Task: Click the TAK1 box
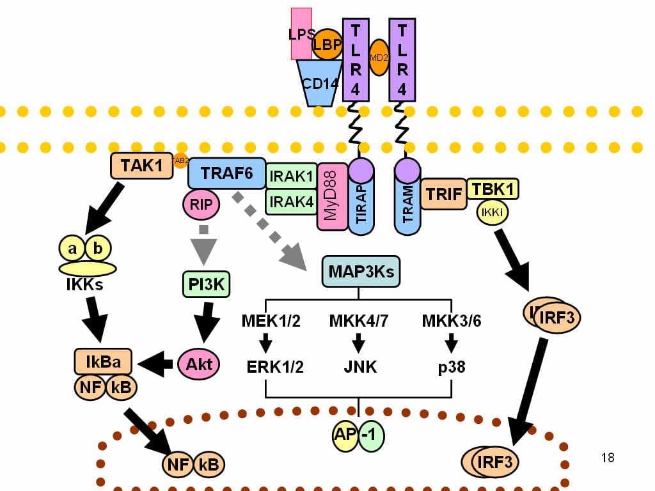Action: pyautogui.click(x=141, y=166)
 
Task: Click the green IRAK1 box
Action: pyautogui.click(x=291, y=175)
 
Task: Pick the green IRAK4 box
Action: pyautogui.click(x=291, y=201)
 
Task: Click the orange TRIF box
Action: pyautogui.click(x=443, y=194)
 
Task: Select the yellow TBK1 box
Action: pyautogui.click(x=493, y=189)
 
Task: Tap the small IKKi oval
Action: pyautogui.click(x=493, y=213)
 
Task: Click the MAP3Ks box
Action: pyautogui.click(x=361, y=272)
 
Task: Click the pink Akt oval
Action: pyautogui.click(x=198, y=364)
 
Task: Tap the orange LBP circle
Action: pyautogui.click(x=327, y=45)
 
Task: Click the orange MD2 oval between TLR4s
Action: pyautogui.click(x=379, y=58)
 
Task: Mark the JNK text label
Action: pyautogui.click(x=359, y=367)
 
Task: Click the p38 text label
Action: pyautogui.click(x=452, y=367)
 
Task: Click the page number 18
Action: pyautogui.click(x=608, y=458)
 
